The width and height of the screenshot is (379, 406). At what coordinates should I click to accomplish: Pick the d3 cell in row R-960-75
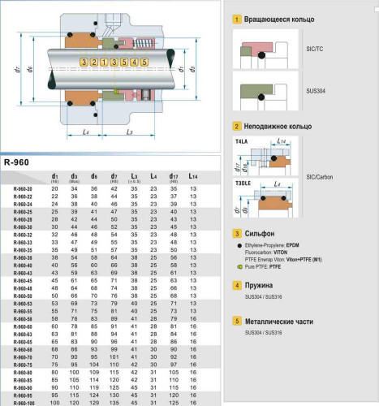74,365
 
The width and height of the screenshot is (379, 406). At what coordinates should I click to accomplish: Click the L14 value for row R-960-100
192,402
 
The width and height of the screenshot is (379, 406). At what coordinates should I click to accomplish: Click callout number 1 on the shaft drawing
104,62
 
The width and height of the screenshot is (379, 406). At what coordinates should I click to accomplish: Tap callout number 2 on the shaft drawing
93,62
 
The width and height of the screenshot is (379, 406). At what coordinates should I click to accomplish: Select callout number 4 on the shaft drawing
134,62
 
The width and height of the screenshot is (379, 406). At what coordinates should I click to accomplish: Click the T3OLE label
243,184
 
